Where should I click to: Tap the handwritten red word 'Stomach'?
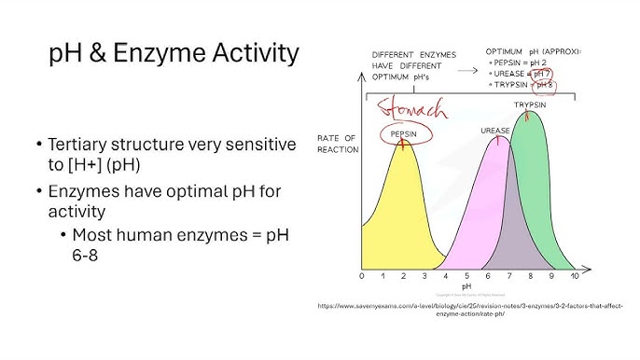point(411,111)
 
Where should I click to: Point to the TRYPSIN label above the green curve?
point(530,104)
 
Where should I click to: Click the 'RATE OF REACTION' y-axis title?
point(337,144)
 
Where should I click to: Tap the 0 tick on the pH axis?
point(362,276)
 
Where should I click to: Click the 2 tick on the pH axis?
point(404,276)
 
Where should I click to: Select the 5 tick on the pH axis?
point(466,276)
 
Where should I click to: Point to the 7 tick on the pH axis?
point(508,276)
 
